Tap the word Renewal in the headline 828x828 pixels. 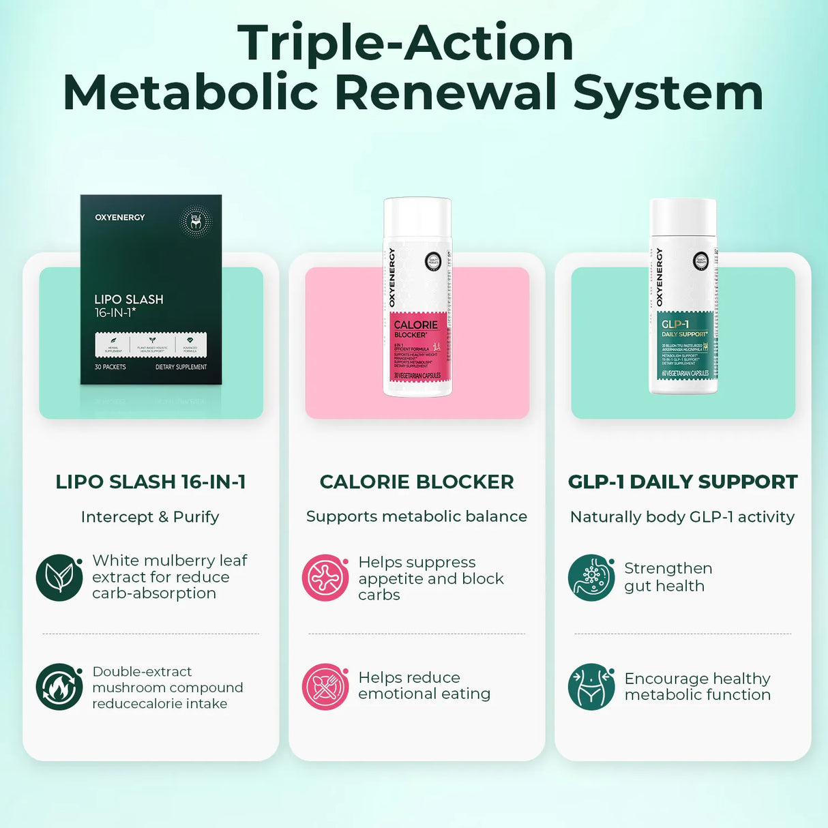pyautogui.click(x=446, y=93)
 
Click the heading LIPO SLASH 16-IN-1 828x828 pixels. pyautogui.click(x=151, y=482)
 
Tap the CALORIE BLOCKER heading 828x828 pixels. pyautogui.click(x=417, y=482)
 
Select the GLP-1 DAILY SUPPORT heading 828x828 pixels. pyautogui.click(x=683, y=482)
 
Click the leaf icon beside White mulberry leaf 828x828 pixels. pyautogui.click(x=59, y=578)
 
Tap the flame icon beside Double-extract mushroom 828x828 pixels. pyautogui.click(x=59, y=687)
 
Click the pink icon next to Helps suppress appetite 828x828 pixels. pyautogui.click(x=325, y=578)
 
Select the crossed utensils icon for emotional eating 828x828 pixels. pyautogui.click(x=325, y=687)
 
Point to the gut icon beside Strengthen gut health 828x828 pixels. pyautogui.click(x=591, y=578)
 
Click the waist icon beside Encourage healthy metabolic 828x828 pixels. pyautogui.click(x=591, y=687)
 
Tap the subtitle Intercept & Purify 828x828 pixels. pyautogui.click(x=150, y=517)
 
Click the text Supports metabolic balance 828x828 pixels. pyautogui.click(x=417, y=516)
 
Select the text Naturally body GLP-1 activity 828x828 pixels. pyautogui.click(x=683, y=517)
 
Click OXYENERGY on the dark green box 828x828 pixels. pyautogui.click(x=120, y=218)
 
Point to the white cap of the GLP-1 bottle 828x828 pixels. pyautogui.click(x=683, y=217)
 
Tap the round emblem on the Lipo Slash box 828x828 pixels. pyautogui.click(x=196, y=221)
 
